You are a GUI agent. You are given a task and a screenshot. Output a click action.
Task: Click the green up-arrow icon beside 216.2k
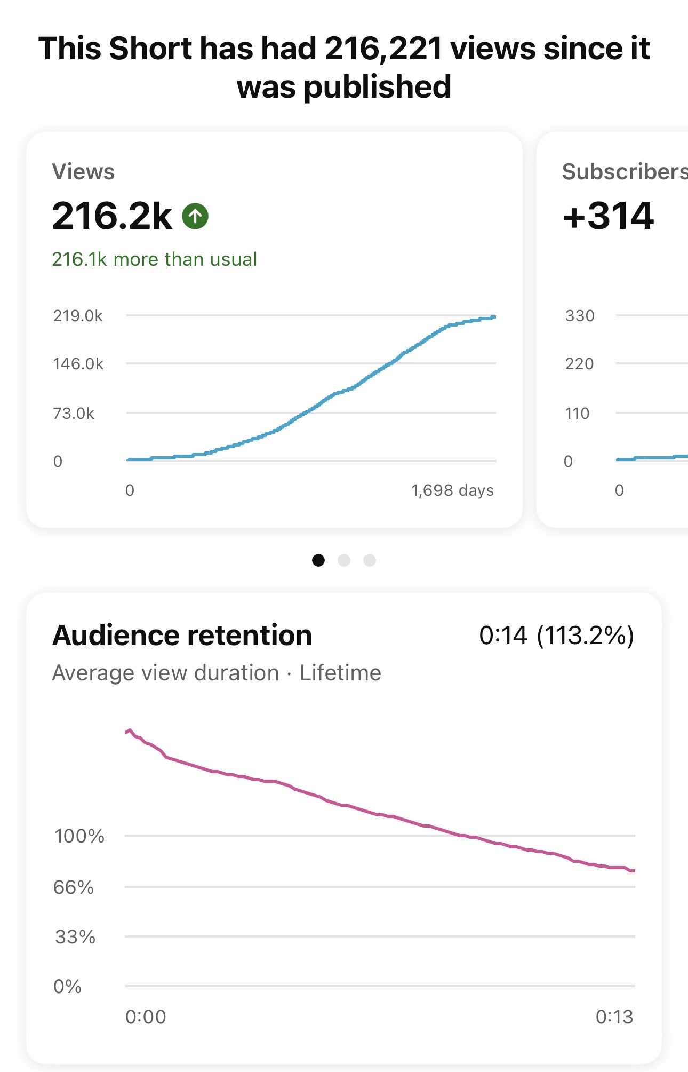point(195,216)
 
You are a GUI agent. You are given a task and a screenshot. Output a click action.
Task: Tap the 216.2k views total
point(112,216)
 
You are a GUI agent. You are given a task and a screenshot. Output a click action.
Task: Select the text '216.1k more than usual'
point(154,259)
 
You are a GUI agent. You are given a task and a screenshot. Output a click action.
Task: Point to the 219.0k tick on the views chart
point(78,316)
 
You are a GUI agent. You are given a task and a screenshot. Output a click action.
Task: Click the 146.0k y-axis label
point(78,364)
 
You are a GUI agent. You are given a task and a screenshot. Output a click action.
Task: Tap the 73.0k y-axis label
point(74,414)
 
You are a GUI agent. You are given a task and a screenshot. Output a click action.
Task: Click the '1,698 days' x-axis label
point(452,490)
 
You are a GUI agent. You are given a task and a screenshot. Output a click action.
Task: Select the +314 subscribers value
point(608,216)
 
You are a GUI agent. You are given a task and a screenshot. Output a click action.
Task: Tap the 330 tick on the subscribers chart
point(580,316)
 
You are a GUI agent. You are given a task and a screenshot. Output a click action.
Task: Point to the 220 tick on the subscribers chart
point(579,364)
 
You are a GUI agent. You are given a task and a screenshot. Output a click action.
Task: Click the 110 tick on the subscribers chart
point(577,414)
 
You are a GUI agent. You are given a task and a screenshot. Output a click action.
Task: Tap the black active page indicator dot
point(318,560)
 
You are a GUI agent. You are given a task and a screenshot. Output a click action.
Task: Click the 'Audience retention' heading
point(182,635)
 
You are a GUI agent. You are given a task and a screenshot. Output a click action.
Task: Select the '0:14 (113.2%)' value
point(556,636)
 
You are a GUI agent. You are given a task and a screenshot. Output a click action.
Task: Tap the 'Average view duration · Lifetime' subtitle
point(217,673)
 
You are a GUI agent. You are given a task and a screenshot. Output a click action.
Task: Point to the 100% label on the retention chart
point(79,836)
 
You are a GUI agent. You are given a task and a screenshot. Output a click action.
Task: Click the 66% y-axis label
point(74,887)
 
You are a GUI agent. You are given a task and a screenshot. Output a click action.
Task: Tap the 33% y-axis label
point(75,937)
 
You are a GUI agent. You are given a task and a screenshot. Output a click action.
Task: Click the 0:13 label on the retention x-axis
point(614,1017)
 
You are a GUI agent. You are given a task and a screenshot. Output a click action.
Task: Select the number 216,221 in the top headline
point(383,49)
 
